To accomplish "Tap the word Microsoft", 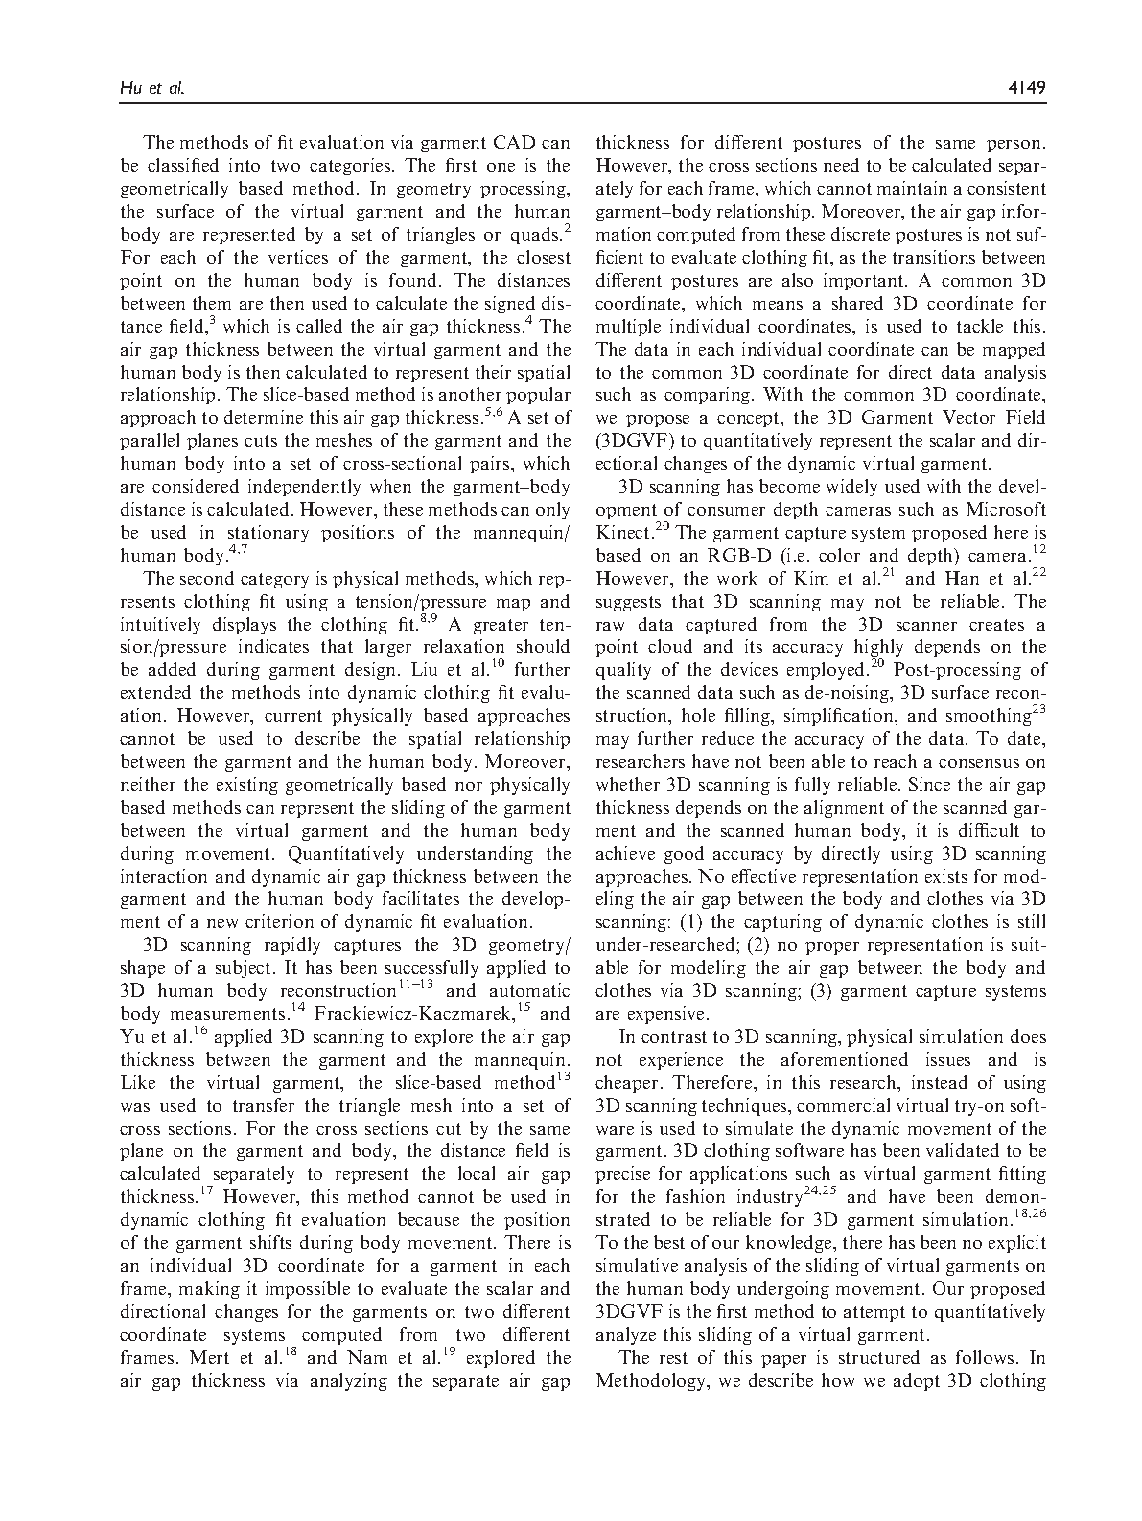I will click(x=1005, y=509).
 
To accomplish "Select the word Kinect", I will click(x=622, y=533).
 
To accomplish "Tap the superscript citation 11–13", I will click(x=418, y=985).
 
